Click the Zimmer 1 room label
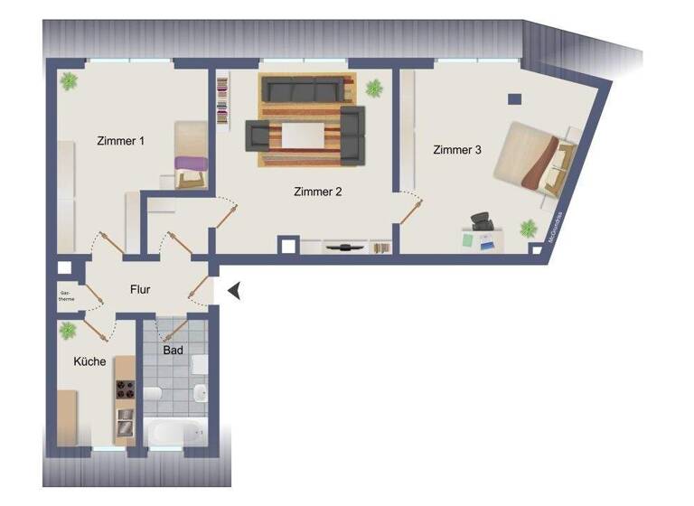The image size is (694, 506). (x=121, y=141)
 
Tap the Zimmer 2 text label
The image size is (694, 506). (x=317, y=192)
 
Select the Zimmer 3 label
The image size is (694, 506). (x=456, y=150)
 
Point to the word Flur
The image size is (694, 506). (x=140, y=290)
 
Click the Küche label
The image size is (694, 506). (x=90, y=361)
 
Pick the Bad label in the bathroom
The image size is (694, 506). (x=173, y=349)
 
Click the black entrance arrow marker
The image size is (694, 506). (x=233, y=290)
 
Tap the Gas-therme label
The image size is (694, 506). (x=65, y=296)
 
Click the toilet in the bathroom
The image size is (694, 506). (x=154, y=394)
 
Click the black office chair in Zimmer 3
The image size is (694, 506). (x=481, y=221)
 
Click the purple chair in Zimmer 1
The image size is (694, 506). (x=192, y=167)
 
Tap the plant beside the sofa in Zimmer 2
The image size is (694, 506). (x=374, y=88)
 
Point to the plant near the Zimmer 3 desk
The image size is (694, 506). (x=526, y=228)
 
